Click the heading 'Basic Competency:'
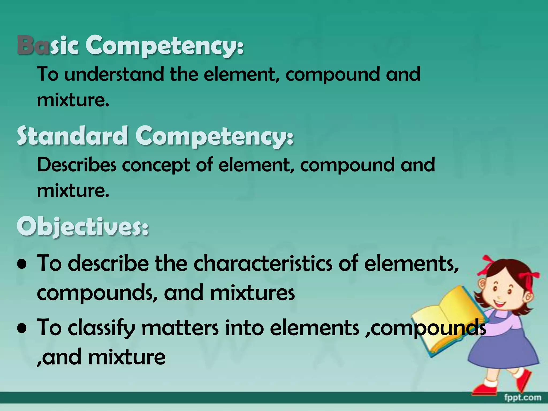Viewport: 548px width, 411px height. pos(130,46)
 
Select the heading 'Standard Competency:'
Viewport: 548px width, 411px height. pos(155,136)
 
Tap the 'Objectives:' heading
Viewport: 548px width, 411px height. pos(82,227)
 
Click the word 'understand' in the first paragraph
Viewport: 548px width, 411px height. pos(114,74)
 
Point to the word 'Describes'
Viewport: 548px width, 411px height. pos(77,165)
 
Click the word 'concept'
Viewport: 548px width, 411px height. pos(156,165)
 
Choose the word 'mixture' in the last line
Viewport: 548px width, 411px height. pos(127,357)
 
